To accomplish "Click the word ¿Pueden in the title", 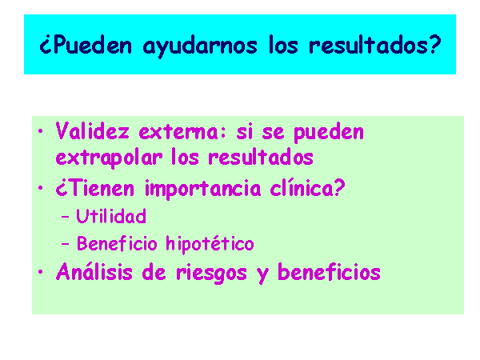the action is click(86, 45).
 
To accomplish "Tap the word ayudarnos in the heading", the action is click(200, 46).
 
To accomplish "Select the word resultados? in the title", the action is click(375, 45).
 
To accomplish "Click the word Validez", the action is click(93, 131).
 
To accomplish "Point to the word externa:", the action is click(182, 132).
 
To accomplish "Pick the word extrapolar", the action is click(109, 158).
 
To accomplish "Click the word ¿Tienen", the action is click(95, 188).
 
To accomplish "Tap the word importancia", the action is click(203, 189).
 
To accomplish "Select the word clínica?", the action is click(308, 187).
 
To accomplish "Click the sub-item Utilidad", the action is click(111, 216).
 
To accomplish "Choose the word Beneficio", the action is click(117, 243).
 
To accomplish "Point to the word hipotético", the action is click(210, 244).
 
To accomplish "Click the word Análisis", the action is click(94, 271).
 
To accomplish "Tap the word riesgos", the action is click(211, 273).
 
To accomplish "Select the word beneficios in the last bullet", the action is click(329, 271).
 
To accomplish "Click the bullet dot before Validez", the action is click(41, 131).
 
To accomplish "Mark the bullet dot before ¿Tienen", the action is click(41, 188).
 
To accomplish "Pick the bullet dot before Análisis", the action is click(41, 271).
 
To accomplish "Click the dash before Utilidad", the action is click(66, 217).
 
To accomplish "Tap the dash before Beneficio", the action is click(66, 244).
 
